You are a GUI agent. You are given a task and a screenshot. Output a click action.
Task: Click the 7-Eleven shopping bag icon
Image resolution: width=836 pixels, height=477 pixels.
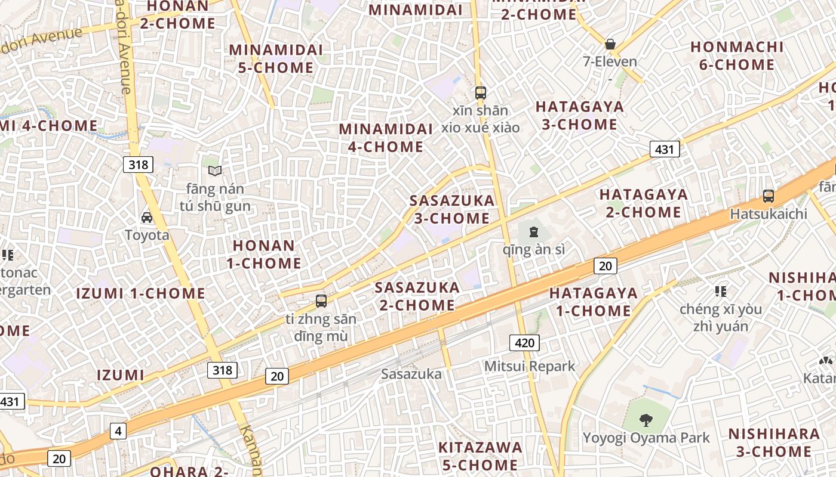pos(610,44)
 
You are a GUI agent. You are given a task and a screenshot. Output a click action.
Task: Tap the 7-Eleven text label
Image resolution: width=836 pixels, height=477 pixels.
pos(610,61)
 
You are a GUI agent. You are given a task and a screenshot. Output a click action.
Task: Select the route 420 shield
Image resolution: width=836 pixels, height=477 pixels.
pos(524,342)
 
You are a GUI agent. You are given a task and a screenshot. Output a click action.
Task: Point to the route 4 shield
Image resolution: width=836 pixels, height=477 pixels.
pos(118,430)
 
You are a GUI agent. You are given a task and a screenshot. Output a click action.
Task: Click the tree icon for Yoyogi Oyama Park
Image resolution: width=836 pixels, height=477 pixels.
pos(646,420)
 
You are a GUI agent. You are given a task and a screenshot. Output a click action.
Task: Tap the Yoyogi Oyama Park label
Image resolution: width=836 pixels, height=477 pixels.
pos(646,438)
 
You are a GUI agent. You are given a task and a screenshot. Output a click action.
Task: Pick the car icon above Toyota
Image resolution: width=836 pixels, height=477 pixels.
pos(147,218)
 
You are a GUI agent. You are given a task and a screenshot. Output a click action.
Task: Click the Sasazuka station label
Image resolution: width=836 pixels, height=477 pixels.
pos(411,374)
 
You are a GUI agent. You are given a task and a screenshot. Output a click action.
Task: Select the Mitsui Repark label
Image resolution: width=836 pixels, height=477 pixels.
pos(529,366)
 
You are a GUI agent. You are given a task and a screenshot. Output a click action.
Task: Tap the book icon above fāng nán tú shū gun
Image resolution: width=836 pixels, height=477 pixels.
pos(215,171)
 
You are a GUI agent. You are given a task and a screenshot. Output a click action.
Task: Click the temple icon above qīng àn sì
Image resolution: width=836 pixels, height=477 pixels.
pos(533,231)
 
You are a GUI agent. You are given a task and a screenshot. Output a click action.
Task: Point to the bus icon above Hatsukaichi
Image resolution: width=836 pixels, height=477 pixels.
pos(769,196)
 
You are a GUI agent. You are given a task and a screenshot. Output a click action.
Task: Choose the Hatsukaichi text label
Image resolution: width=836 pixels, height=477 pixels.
pos(769,213)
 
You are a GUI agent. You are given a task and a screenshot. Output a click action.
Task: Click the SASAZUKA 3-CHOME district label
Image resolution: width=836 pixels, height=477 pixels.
pos(452,209)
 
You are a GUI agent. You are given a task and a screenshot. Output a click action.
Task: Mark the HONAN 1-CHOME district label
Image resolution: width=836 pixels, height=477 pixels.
pos(263,254)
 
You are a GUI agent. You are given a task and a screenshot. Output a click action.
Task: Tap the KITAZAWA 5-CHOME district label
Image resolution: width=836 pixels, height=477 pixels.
pos(480,456)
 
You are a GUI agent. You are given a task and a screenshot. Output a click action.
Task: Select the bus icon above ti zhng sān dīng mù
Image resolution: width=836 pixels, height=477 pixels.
pos(321,301)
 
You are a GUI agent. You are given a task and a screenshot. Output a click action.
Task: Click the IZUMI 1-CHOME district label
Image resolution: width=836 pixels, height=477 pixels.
pos(141,293)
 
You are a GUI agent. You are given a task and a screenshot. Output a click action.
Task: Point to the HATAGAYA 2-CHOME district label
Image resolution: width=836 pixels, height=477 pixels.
pos(644,203)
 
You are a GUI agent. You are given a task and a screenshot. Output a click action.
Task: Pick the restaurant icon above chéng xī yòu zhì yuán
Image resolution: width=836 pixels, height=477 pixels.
pos(721,291)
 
